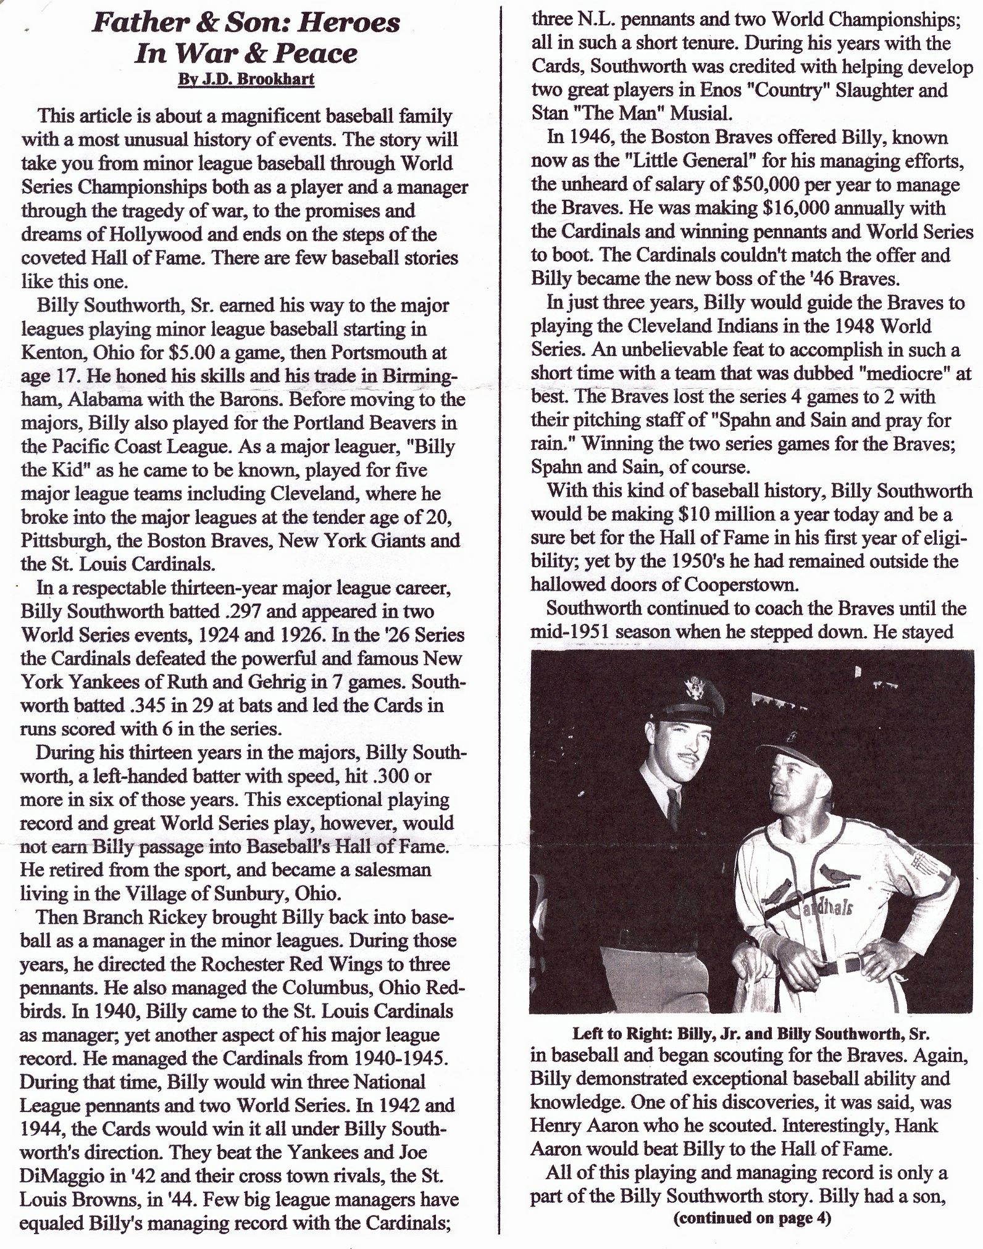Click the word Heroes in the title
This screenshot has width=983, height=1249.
pyautogui.click(x=343, y=23)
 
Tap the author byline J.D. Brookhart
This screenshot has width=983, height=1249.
pyautogui.click(x=246, y=80)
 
